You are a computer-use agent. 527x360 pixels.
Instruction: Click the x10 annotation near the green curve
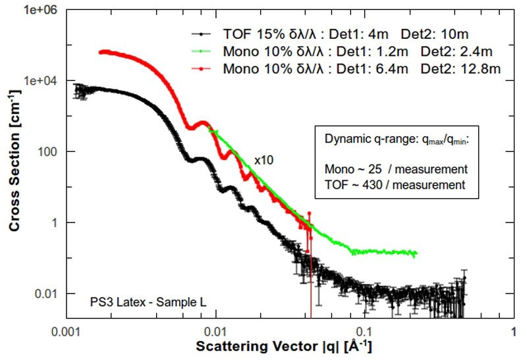(263, 160)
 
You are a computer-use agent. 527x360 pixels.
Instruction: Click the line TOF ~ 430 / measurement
(395, 186)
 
